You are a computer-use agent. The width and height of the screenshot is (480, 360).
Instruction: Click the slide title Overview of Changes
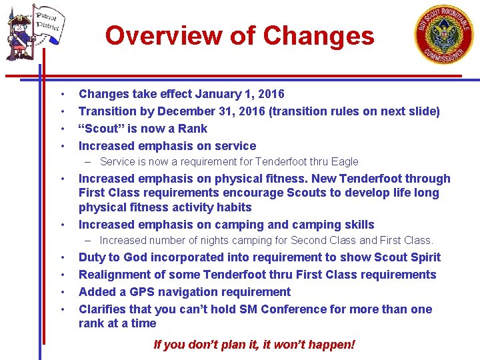[x=239, y=35]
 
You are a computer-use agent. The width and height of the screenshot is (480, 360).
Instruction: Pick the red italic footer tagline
[x=254, y=345]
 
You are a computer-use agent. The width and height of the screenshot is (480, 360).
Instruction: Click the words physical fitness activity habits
[x=165, y=207]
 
